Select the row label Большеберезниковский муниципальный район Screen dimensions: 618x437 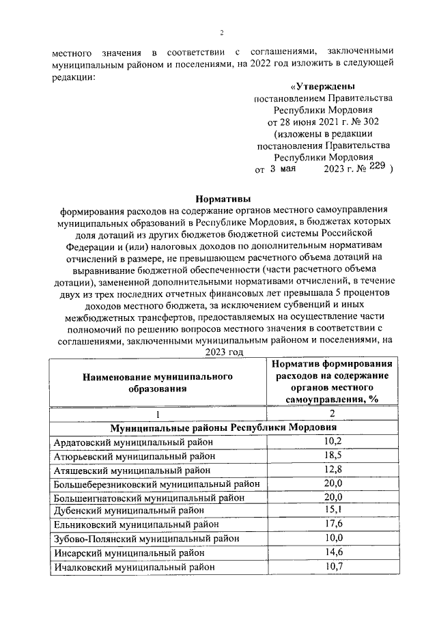[x=156, y=483]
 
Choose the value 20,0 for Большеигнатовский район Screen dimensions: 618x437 [x=333, y=496]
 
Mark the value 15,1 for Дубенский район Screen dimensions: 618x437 [x=333, y=510]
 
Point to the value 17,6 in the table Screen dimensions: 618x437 [x=333, y=524]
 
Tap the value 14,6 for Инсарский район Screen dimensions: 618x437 [x=333, y=552]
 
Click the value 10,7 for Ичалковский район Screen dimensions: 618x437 [x=333, y=566]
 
